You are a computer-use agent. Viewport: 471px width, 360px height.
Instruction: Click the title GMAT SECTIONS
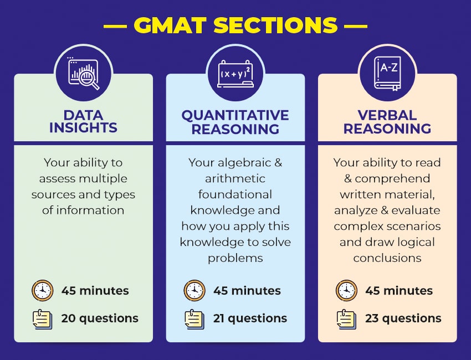235,24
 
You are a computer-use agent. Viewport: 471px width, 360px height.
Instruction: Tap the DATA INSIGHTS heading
83,122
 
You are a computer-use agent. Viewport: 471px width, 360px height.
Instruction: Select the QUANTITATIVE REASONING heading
235,122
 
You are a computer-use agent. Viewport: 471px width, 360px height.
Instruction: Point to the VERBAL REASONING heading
387,122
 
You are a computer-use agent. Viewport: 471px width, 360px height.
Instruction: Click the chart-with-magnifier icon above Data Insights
83,73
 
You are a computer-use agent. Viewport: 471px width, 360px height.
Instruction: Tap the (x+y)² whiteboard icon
235,73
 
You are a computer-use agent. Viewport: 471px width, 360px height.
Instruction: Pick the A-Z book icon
387,73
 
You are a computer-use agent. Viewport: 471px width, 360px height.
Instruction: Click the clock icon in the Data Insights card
42,290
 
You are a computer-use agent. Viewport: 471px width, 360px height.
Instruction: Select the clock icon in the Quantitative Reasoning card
194,290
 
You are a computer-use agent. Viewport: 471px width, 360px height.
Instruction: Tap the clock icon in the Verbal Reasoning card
346,290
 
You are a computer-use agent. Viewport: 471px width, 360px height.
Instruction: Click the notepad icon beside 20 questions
42,318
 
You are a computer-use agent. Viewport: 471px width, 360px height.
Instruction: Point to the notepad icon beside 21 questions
194,318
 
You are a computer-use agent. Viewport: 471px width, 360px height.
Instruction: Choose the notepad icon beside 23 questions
346,318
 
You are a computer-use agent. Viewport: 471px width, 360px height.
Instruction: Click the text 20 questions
100,318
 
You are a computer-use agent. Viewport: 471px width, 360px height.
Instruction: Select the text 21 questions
250,318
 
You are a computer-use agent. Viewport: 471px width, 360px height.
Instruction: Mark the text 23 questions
403,318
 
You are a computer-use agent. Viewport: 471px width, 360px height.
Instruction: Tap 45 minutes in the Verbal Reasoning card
399,290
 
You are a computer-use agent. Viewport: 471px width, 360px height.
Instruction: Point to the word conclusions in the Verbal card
387,258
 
